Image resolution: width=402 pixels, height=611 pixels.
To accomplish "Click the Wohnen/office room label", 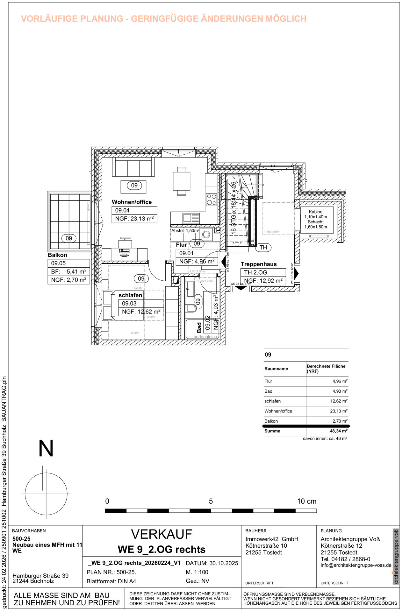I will [x=132, y=202].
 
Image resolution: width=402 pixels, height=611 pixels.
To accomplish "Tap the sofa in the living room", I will [x=133, y=168].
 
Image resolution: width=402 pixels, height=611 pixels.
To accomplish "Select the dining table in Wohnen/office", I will [x=182, y=181].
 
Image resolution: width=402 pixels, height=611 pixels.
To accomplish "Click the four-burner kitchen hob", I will [x=212, y=200].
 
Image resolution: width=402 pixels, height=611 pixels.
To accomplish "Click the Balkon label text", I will [x=57, y=255].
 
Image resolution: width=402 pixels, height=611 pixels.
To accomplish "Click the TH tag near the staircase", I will [x=263, y=247].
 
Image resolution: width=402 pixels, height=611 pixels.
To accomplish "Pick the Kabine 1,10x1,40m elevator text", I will [x=315, y=214].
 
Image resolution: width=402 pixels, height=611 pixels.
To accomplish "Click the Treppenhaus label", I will [x=258, y=264].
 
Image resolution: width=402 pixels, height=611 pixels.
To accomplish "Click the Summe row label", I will [x=272, y=431].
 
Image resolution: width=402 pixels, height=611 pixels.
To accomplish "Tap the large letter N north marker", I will [x=46, y=448].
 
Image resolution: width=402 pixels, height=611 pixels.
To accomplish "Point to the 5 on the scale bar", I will [x=211, y=501].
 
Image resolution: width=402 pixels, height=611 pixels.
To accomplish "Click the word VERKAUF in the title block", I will [x=162, y=535].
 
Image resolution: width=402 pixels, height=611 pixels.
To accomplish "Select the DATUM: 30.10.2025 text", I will [x=212, y=563].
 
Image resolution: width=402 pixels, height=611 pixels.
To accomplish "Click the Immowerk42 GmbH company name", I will [x=271, y=539].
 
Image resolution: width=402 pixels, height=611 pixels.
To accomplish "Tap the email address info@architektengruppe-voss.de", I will [x=356, y=565].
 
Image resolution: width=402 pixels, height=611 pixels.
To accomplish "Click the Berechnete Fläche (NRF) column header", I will [x=326, y=369].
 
